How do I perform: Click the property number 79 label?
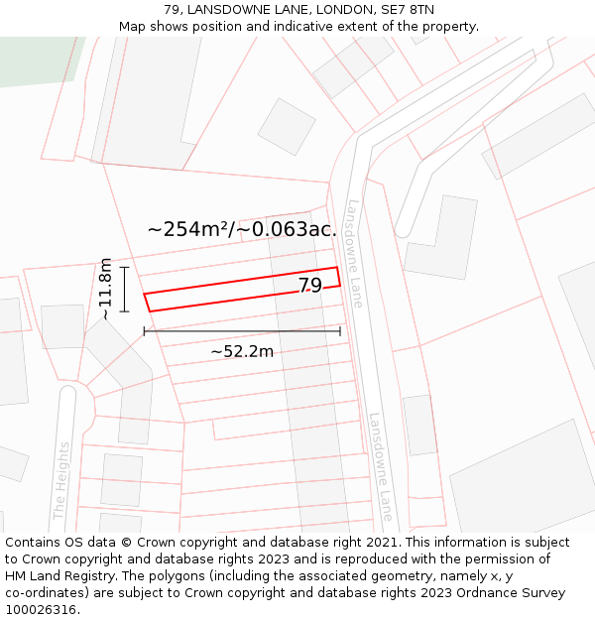pyautogui.click(x=310, y=286)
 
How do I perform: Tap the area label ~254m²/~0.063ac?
pyautogui.click(x=242, y=229)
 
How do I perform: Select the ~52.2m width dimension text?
pyautogui.click(x=242, y=351)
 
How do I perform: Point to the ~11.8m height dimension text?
pyautogui.click(x=105, y=289)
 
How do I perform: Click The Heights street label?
pyautogui.click(x=61, y=481)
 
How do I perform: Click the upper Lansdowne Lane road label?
pyautogui.click(x=356, y=253)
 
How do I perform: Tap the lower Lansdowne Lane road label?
pyautogui.click(x=382, y=467)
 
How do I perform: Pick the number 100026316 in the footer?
pyautogui.click(x=43, y=610)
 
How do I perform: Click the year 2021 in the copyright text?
pyautogui.click(x=382, y=543)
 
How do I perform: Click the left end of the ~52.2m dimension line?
pyautogui.click(x=145, y=331)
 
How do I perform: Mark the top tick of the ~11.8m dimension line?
pyautogui.click(x=125, y=267)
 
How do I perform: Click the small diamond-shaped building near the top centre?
pyautogui.click(x=287, y=126)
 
